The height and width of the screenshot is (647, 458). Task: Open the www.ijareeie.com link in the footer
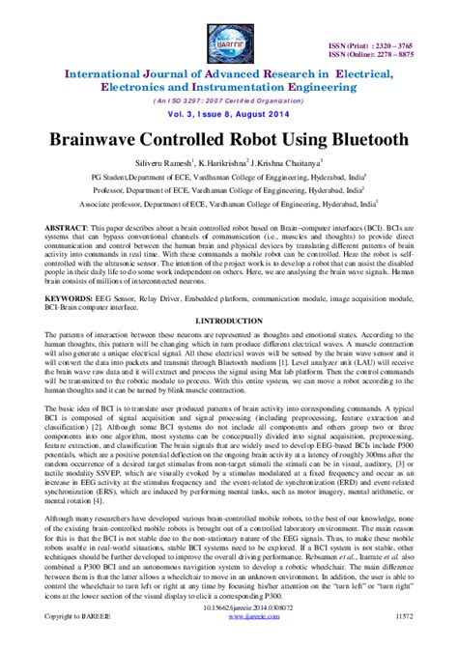[x=229, y=641]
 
